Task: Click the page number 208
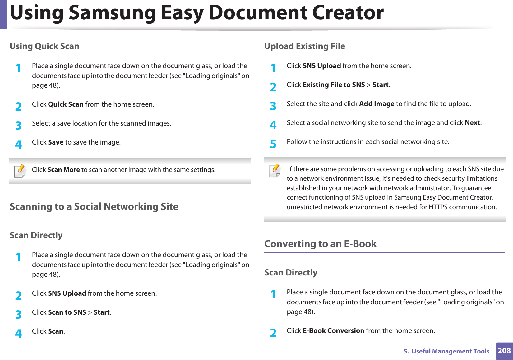pos(504,351)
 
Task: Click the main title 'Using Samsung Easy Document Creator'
pos(197,13)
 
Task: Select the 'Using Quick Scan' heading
pos(44,46)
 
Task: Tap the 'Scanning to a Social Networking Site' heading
pos(94,207)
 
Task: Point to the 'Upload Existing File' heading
pos(304,46)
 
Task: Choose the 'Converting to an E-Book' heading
pos(320,244)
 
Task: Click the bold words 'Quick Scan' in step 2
pos(66,104)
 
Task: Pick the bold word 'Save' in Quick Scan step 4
pos(56,142)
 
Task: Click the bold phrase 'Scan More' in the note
pos(63,170)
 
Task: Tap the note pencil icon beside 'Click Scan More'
pos(20,171)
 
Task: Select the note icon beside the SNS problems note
pos(275,170)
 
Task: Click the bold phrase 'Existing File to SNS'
pos(334,85)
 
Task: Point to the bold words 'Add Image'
pos(377,104)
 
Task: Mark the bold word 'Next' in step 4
pos(472,123)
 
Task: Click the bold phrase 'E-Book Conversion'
pos(333,331)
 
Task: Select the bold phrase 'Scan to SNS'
pos(67,312)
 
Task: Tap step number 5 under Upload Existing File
pos(273,144)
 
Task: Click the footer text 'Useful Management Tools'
pos(450,351)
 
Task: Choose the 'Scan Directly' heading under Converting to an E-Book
pos(291,273)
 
